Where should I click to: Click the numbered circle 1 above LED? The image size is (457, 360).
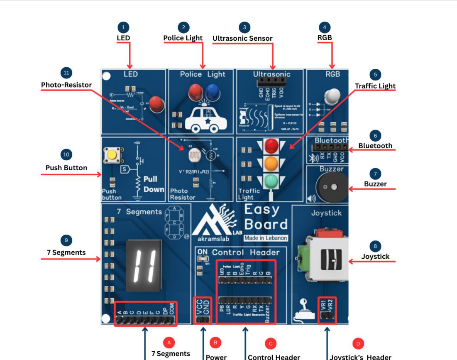[123, 28]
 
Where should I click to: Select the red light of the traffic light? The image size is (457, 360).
[271, 145]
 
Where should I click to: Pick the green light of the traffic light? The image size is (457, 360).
[271, 181]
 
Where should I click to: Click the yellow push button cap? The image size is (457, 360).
[112, 156]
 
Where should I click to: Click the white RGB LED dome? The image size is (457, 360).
[332, 97]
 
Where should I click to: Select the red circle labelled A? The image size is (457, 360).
[169, 343]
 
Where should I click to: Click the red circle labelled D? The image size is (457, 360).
[358, 343]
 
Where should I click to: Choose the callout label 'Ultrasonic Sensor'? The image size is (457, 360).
[242, 39]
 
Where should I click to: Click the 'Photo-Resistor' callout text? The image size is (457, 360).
[66, 85]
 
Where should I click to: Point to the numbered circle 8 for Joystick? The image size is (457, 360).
[375, 246]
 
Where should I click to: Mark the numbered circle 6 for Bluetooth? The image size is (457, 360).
[375, 135]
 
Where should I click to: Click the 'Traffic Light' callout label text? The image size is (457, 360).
[375, 86]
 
